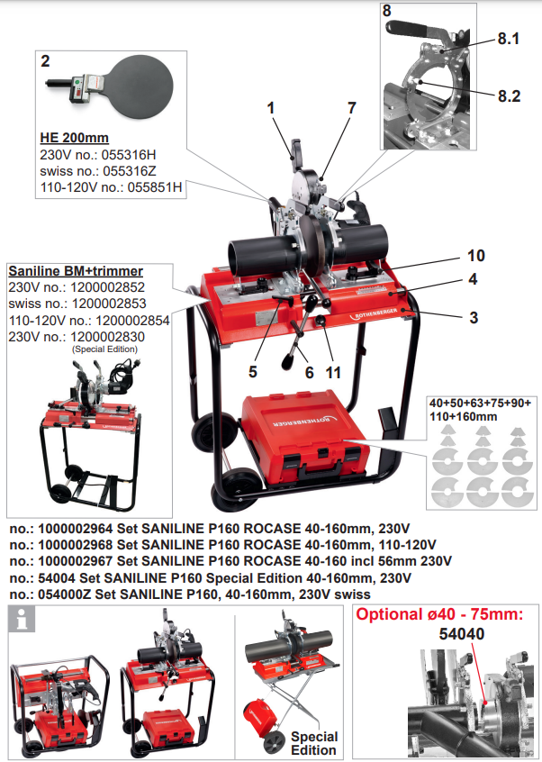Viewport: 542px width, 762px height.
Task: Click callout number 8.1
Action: [x=509, y=41]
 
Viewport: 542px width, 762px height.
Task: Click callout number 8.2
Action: [x=509, y=95]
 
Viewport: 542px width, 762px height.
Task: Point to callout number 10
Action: [x=475, y=255]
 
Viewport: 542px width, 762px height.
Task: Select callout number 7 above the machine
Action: [x=351, y=107]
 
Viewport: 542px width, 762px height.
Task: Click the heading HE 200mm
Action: [x=74, y=138]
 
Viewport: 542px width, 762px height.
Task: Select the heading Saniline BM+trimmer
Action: [x=76, y=270]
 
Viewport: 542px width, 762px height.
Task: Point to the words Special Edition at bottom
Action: [x=314, y=743]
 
